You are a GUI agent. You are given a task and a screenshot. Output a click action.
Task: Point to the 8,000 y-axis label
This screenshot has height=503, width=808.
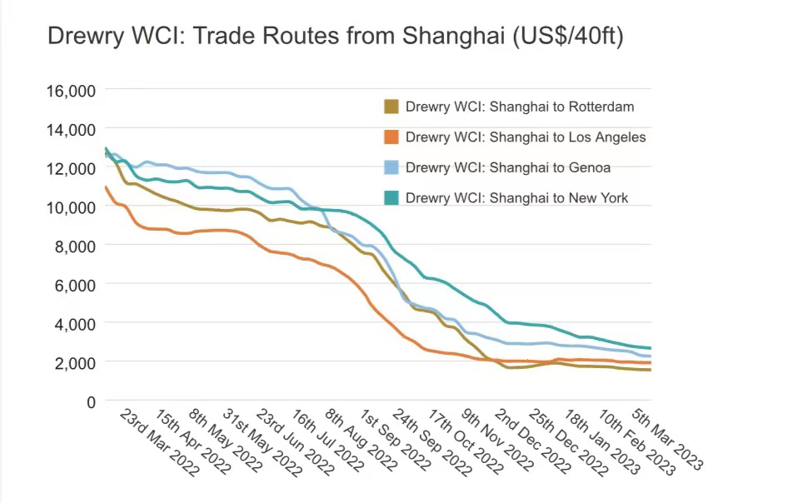coord(74,246)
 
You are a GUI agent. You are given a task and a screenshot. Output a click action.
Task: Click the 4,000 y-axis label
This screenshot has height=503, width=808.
coord(74,323)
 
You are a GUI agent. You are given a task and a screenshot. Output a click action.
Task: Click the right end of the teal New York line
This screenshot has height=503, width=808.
coord(650,348)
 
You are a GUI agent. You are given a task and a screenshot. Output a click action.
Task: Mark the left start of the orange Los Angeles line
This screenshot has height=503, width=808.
coord(106,187)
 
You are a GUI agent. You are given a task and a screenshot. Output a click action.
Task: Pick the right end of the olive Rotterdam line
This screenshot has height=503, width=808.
coord(650,370)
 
